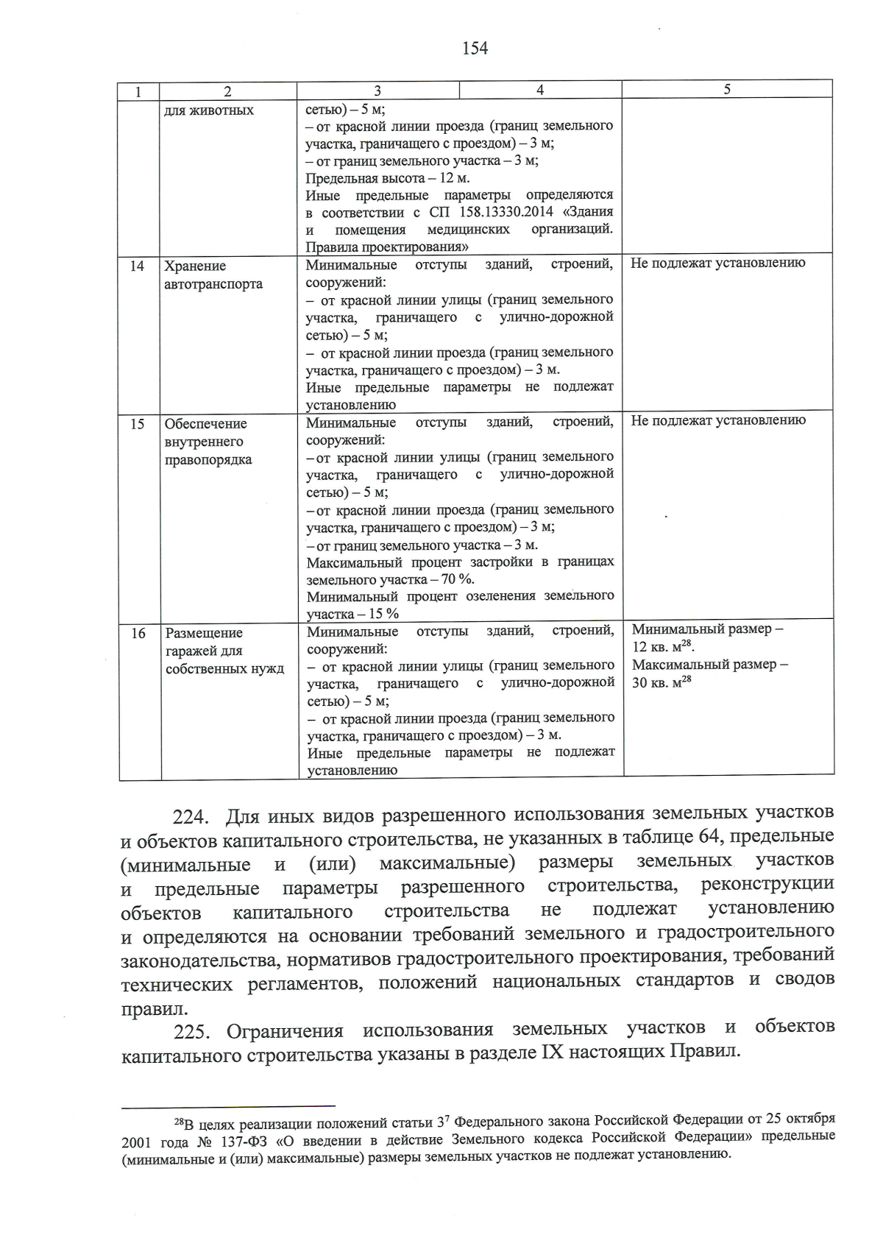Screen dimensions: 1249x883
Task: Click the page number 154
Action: [475, 49]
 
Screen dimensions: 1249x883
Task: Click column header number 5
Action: [727, 89]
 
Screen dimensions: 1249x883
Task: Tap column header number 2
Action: [227, 91]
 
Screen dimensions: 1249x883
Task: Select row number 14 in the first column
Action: [138, 266]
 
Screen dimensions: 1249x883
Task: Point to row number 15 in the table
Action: [138, 424]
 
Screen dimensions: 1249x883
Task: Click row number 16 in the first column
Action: [138, 633]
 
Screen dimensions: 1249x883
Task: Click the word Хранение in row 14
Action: [195, 266]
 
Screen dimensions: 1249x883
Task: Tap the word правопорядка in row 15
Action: [209, 460]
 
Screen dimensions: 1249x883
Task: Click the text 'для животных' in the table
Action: [209, 110]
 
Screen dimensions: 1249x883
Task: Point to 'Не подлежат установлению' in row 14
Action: [717, 263]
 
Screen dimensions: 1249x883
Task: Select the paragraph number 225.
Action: [193, 1031]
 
